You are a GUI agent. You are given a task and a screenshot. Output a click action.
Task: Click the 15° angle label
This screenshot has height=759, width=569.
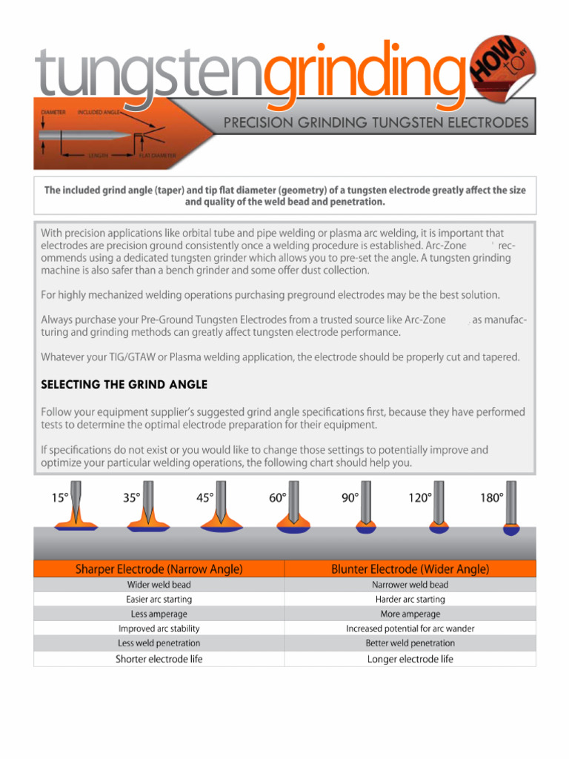coord(60,498)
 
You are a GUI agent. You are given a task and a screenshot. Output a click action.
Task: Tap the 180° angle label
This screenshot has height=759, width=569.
coord(492,498)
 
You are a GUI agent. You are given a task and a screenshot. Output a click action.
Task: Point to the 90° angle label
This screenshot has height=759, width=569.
coord(350,498)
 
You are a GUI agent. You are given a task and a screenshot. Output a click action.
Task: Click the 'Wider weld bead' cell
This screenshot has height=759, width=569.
coord(159,585)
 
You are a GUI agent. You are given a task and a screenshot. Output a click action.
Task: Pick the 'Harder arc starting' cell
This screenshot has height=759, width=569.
coord(410,599)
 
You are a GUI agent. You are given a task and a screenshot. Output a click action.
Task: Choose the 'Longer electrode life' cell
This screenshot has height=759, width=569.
coord(410,659)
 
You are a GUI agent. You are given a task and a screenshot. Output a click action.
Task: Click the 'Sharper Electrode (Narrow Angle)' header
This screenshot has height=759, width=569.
coord(159,569)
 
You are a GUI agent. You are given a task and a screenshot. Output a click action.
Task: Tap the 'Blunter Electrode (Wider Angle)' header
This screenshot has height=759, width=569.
coord(410,569)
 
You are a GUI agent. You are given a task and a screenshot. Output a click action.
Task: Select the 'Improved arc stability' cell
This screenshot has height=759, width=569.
coord(159,629)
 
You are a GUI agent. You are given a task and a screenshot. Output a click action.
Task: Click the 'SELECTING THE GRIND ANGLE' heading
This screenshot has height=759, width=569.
coord(124,385)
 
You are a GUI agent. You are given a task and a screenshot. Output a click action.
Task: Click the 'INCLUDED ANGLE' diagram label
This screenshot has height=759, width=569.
coord(100,112)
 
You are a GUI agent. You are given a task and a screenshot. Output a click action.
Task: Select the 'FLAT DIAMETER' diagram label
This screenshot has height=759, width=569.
coord(158,156)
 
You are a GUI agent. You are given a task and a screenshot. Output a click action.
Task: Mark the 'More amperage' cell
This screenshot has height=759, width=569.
coord(410,614)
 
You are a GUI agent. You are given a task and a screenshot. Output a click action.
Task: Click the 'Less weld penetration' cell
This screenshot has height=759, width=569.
coord(159,643)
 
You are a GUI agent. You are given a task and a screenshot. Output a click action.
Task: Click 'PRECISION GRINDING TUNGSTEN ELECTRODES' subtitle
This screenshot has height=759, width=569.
coord(376,122)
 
